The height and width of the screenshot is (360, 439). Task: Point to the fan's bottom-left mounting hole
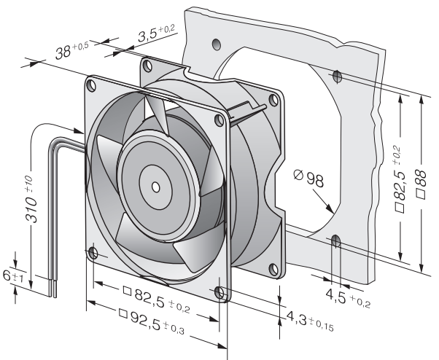(x=93, y=253)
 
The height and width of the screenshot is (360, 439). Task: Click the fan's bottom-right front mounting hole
(x=221, y=293)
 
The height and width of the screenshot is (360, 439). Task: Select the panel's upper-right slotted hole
(x=336, y=75)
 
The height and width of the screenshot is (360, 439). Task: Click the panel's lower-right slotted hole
(x=335, y=241)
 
